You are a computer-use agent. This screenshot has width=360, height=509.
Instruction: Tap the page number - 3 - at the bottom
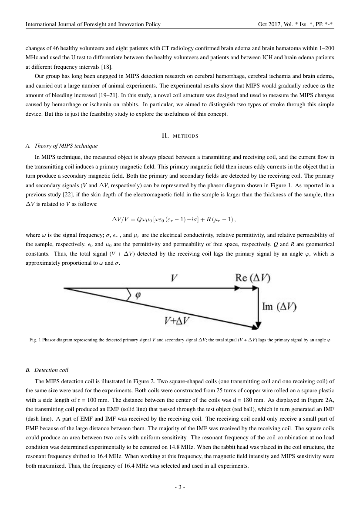[180, 487]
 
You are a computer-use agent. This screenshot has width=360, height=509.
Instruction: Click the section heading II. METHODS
[180, 136]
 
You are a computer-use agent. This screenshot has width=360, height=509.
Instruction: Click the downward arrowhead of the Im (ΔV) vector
[259, 325]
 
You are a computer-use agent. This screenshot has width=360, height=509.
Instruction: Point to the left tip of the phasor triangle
[64, 288]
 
